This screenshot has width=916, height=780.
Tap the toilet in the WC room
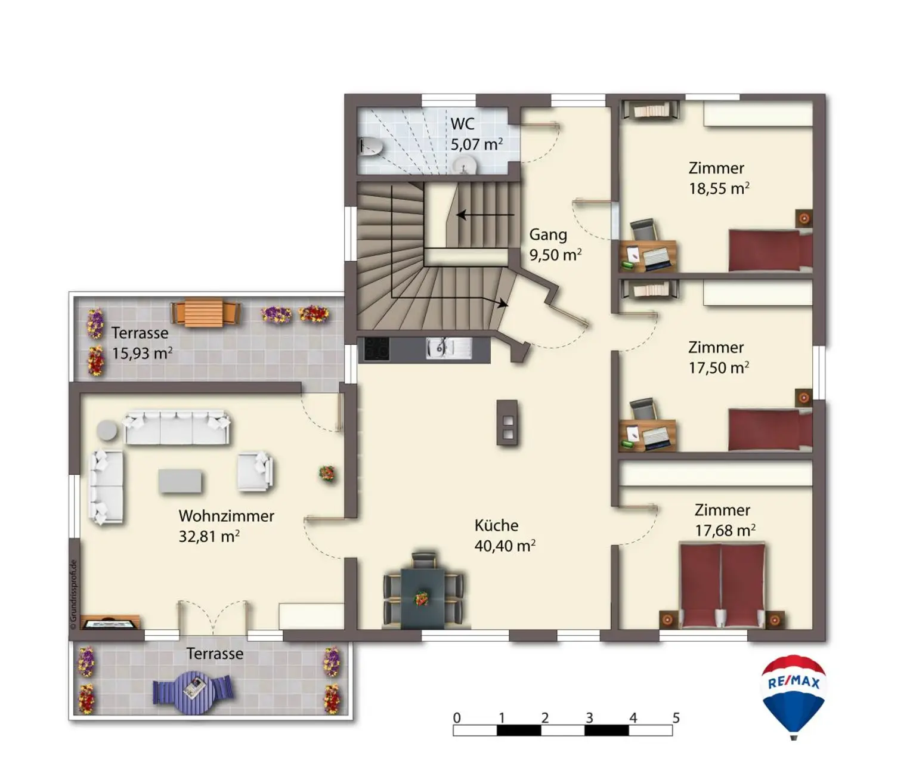tap(371, 146)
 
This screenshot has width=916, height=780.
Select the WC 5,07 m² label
tap(476, 134)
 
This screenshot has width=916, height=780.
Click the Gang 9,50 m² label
tap(555, 245)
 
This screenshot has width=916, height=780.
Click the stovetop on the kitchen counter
tap(376, 348)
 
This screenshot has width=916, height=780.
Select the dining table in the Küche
tap(423, 598)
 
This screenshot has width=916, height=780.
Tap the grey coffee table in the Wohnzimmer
tap(180, 481)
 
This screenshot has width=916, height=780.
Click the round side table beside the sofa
tap(108, 430)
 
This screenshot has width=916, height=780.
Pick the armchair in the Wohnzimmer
tap(255, 472)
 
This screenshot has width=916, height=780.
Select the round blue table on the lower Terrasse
tap(194, 692)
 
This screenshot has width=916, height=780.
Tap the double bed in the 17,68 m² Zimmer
tap(722, 584)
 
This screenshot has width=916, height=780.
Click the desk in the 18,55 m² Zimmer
tap(648, 255)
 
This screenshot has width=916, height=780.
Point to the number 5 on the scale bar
tap(676, 717)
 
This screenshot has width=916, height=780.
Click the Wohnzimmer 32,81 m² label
tap(226, 526)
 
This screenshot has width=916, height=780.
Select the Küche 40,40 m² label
tap(504, 536)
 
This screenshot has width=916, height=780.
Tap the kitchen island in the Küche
tap(507, 422)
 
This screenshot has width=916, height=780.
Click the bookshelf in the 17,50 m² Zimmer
tap(649, 290)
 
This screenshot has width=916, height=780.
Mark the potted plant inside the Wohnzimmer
tap(327, 473)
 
